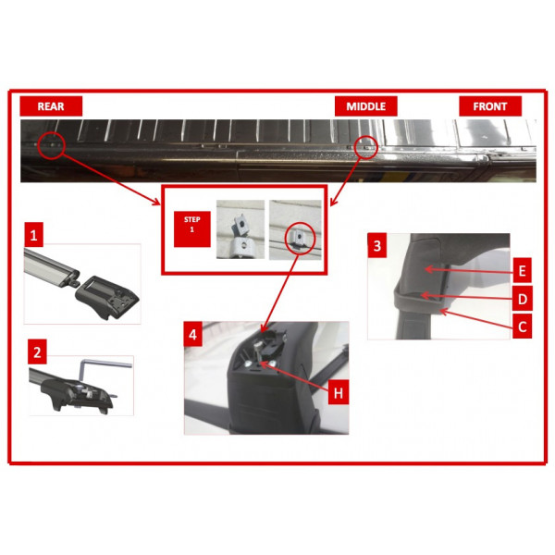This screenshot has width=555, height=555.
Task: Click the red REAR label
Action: pyautogui.click(x=51, y=106)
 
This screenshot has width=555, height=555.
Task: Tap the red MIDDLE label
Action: pyautogui.click(x=366, y=106)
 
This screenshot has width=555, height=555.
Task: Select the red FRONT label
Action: pyautogui.click(x=490, y=106)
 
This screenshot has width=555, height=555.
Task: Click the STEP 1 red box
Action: pyautogui.click(x=192, y=229)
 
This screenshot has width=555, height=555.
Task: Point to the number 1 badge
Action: pyautogui.click(x=34, y=235)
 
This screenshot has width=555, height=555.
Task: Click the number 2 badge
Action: pyautogui.click(x=37, y=352)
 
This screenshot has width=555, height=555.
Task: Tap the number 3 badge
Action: pyautogui.click(x=377, y=245)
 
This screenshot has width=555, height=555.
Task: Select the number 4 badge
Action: pyautogui.click(x=193, y=334)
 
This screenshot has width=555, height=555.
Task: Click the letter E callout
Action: pyautogui.click(x=522, y=270)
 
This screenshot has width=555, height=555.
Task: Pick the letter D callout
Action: pyautogui.click(x=522, y=299)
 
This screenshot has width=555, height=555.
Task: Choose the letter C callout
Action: pyautogui.click(x=522, y=327)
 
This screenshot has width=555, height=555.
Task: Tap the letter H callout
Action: pyautogui.click(x=339, y=392)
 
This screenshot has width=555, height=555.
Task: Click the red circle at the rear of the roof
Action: pyautogui.click(x=51, y=145)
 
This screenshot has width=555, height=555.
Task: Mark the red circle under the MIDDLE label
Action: pyautogui.click(x=365, y=146)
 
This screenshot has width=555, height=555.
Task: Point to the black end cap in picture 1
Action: pyautogui.click(x=107, y=297)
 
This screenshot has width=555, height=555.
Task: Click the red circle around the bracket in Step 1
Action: pyautogui.click(x=300, y=238)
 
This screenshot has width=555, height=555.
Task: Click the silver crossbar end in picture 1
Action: pyautogui.click(x=51, y=266)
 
